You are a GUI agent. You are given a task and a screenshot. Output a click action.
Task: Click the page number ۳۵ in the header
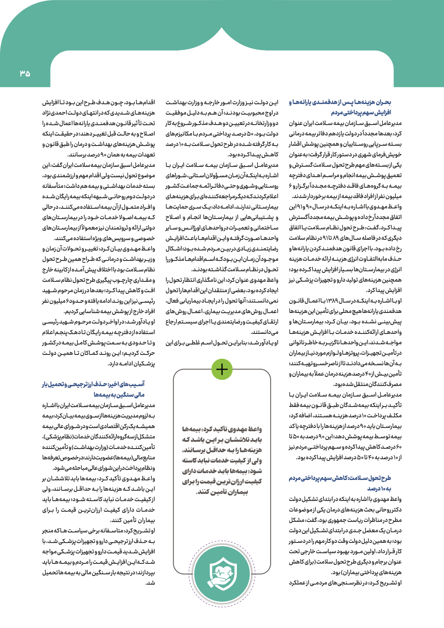[25, 74]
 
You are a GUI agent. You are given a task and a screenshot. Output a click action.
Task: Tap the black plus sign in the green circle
[222, 369]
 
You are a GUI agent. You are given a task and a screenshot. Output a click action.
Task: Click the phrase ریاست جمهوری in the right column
[332, 520]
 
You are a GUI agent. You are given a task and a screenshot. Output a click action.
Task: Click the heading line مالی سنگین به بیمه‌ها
[119, 395]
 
